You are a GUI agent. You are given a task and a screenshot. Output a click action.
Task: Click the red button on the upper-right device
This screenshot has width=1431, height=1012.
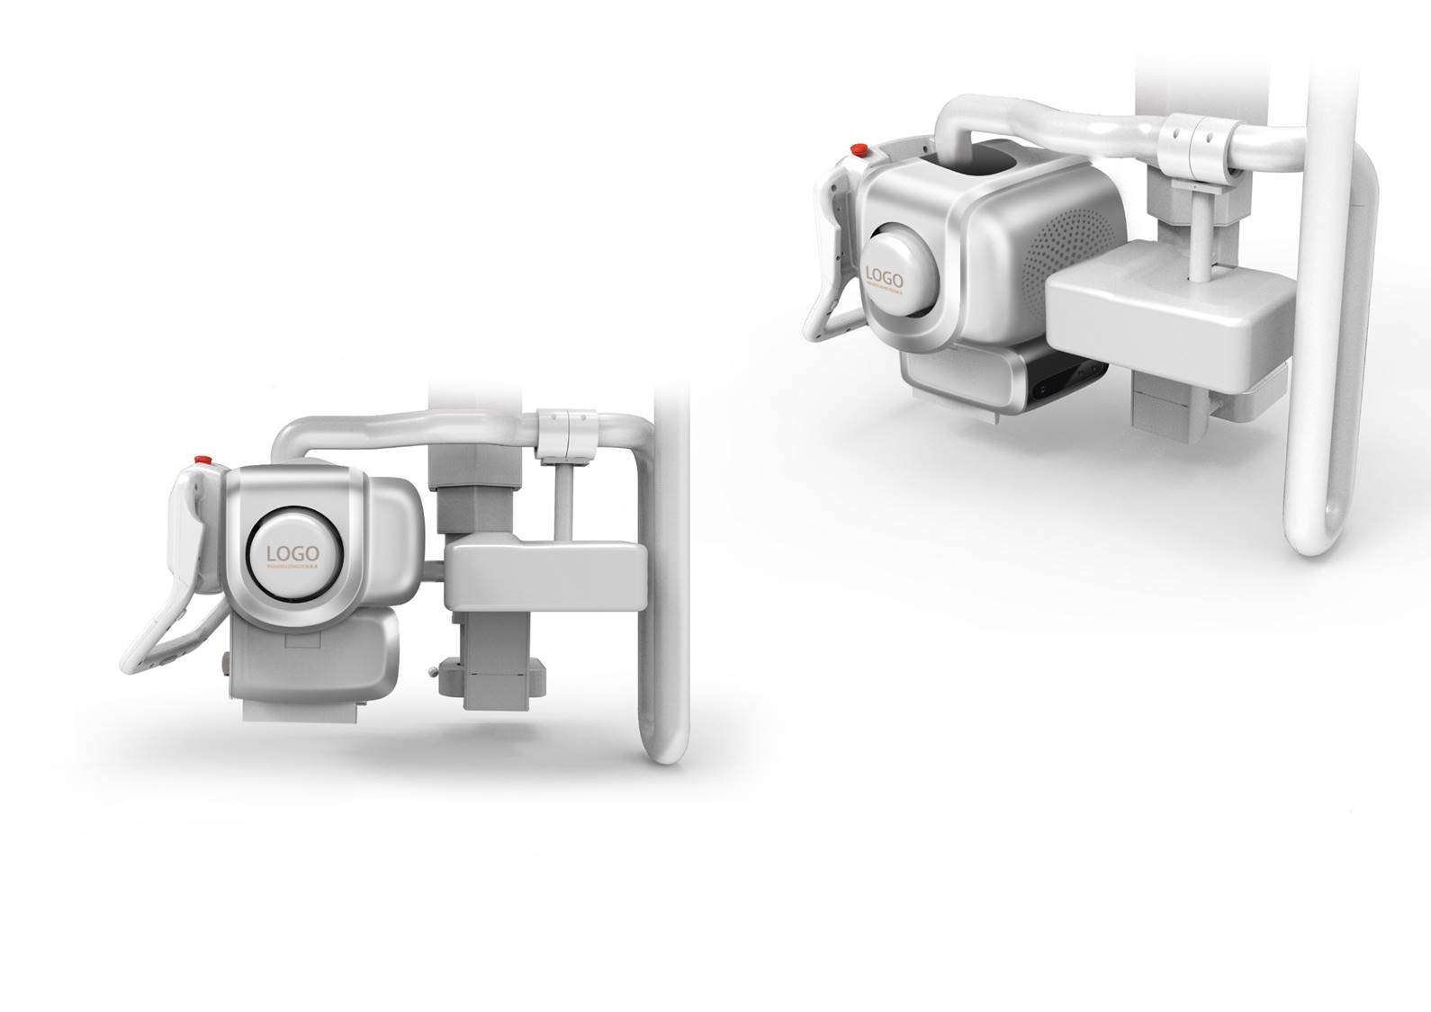coord(859,148)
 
